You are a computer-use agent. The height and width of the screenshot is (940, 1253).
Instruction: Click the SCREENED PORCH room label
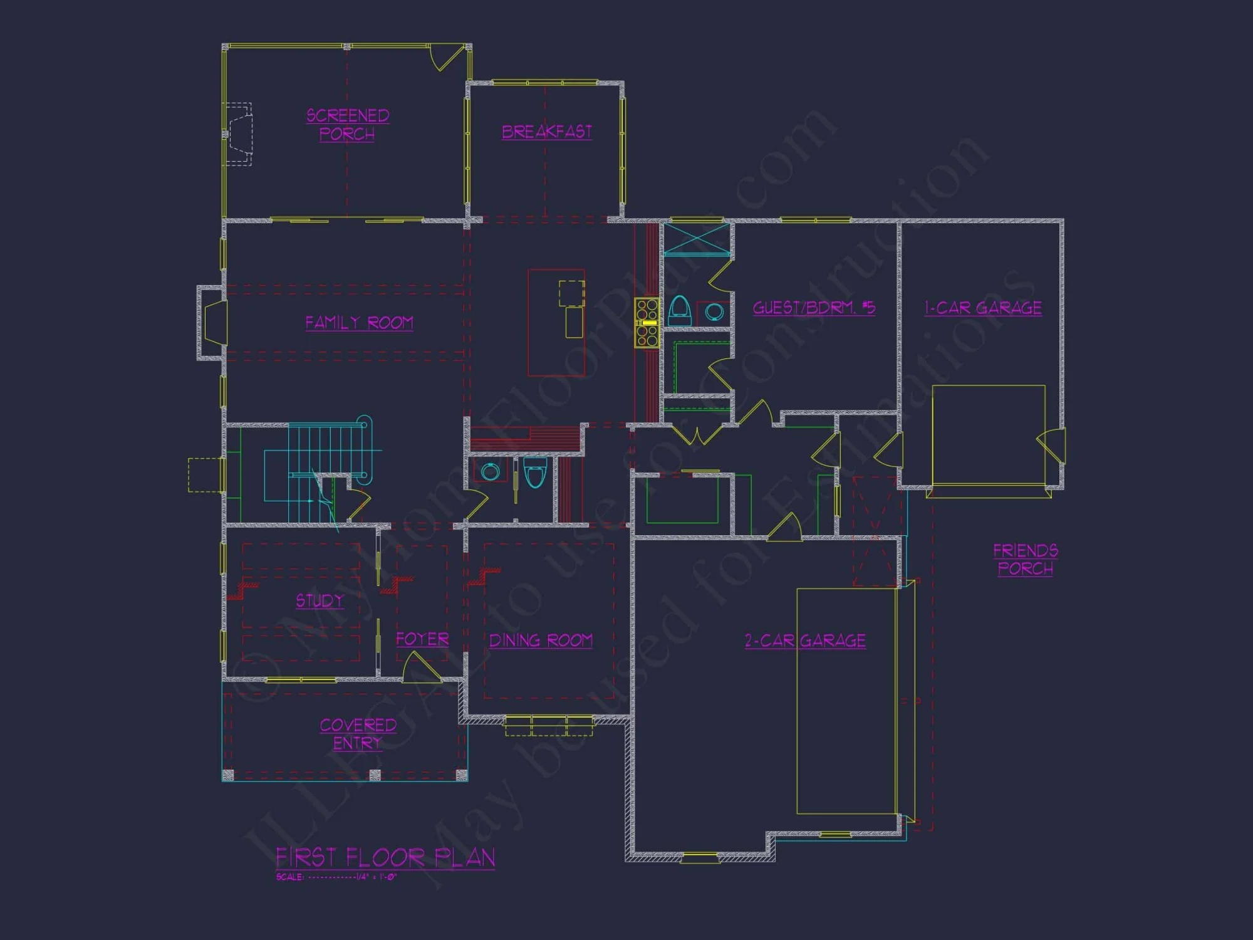click(x=347, y=124)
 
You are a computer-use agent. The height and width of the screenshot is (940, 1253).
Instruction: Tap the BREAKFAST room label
click(x=546, y=132)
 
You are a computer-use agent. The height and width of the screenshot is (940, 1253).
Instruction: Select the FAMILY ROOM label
click(x=359, y=323)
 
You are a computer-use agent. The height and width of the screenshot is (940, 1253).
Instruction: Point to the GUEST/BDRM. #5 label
click(x=814, y=308)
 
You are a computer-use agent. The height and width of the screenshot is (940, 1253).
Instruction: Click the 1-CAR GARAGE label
click(x=983, y=308)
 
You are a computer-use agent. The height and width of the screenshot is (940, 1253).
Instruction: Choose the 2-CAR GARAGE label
click(x=805, y=640)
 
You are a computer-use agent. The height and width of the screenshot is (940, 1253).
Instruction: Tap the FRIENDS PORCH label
click(x=1026, y=560)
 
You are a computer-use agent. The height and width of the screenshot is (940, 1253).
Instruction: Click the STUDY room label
click(x=320, y=601)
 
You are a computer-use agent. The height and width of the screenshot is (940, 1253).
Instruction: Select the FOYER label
click(x=422, y=639)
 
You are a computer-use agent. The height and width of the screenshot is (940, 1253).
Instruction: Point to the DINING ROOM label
click(x=541, y=640)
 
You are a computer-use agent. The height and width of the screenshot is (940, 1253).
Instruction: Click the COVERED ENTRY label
click(x=358, y=734)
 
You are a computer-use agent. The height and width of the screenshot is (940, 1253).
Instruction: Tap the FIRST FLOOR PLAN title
click(x=385, y=857)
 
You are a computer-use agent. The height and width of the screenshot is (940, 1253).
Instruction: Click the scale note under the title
click(x=336, y=877)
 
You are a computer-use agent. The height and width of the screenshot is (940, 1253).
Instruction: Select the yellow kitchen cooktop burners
click(x=647, y=323)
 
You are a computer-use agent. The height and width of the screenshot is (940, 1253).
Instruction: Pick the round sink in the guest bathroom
click(x=714, y=311)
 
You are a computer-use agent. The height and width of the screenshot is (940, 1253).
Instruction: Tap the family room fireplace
click(x=213, y=322)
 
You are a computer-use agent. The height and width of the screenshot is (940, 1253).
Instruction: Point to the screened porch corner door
click(x=448, y=56)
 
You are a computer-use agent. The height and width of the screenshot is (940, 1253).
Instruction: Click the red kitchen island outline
click(x=556, y=323)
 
